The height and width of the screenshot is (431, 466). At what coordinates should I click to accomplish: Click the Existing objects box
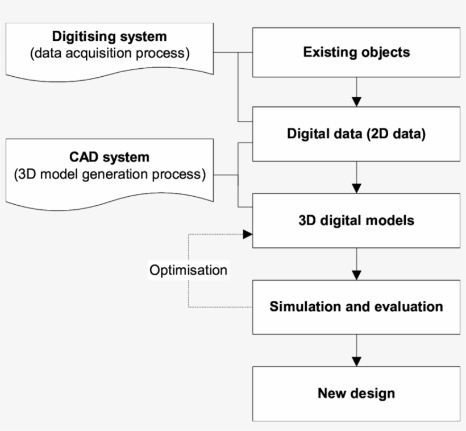(356, 52)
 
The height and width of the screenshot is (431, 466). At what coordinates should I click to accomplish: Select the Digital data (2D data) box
(356, 136)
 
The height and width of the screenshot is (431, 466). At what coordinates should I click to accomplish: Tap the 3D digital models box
(356, 220)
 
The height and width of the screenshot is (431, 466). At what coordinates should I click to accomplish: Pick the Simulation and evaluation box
(356, 307)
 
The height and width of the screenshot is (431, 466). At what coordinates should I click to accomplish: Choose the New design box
(356, 393)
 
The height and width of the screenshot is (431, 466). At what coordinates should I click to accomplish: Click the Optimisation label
(188, 270)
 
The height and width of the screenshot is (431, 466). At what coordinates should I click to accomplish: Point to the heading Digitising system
(110, 37)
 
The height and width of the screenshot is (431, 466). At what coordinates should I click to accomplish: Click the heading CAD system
(110, 157)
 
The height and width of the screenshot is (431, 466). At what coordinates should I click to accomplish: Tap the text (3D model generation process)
(110, 173)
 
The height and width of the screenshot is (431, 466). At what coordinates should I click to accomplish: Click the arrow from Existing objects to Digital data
(356, 94)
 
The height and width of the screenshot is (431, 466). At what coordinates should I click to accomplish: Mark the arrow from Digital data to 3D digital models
(356, 179)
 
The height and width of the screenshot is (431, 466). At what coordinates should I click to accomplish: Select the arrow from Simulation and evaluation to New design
(356, 351)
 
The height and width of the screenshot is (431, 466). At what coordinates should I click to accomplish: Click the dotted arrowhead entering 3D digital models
(247, 234)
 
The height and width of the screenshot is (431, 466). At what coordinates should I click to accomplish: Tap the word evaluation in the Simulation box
(409, 307)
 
